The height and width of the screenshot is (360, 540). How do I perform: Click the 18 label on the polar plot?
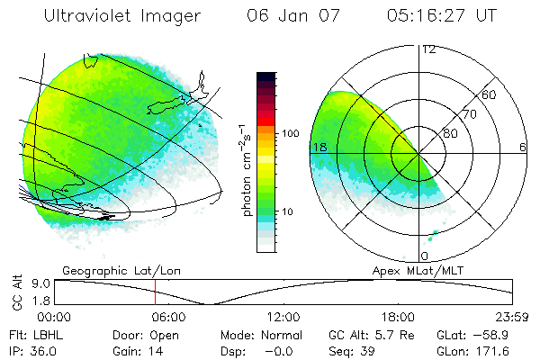coord(319,147)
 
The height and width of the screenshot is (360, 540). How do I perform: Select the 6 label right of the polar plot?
coord(523,147)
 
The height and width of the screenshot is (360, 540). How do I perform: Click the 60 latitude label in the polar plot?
coord(490,94)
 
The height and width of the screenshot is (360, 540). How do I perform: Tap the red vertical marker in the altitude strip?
coord(155,292)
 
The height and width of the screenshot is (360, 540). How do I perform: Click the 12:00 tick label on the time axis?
coord(283,317)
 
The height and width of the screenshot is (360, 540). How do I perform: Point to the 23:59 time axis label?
coord(513,317)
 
